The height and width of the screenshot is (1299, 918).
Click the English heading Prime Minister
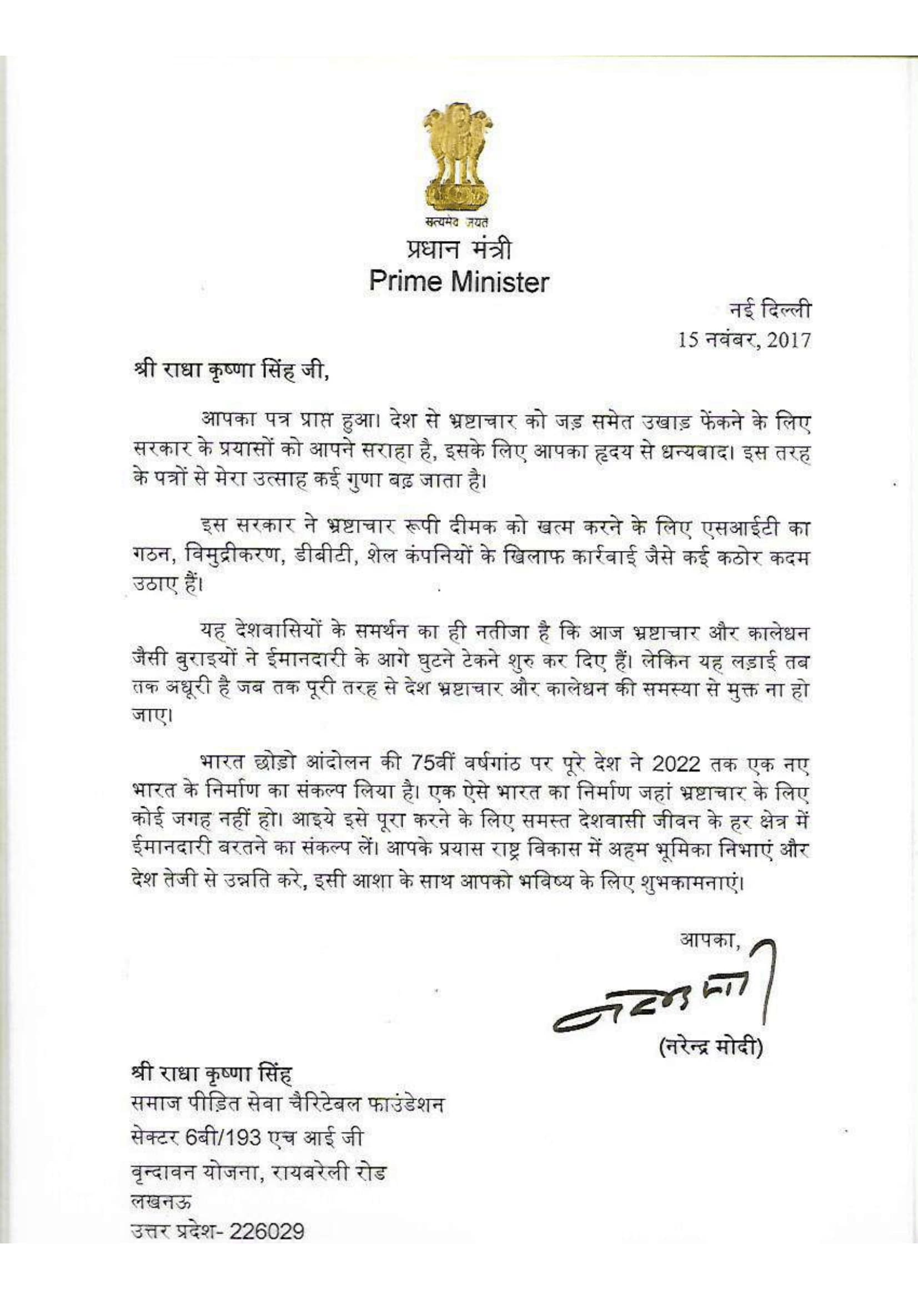[459, 282]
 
